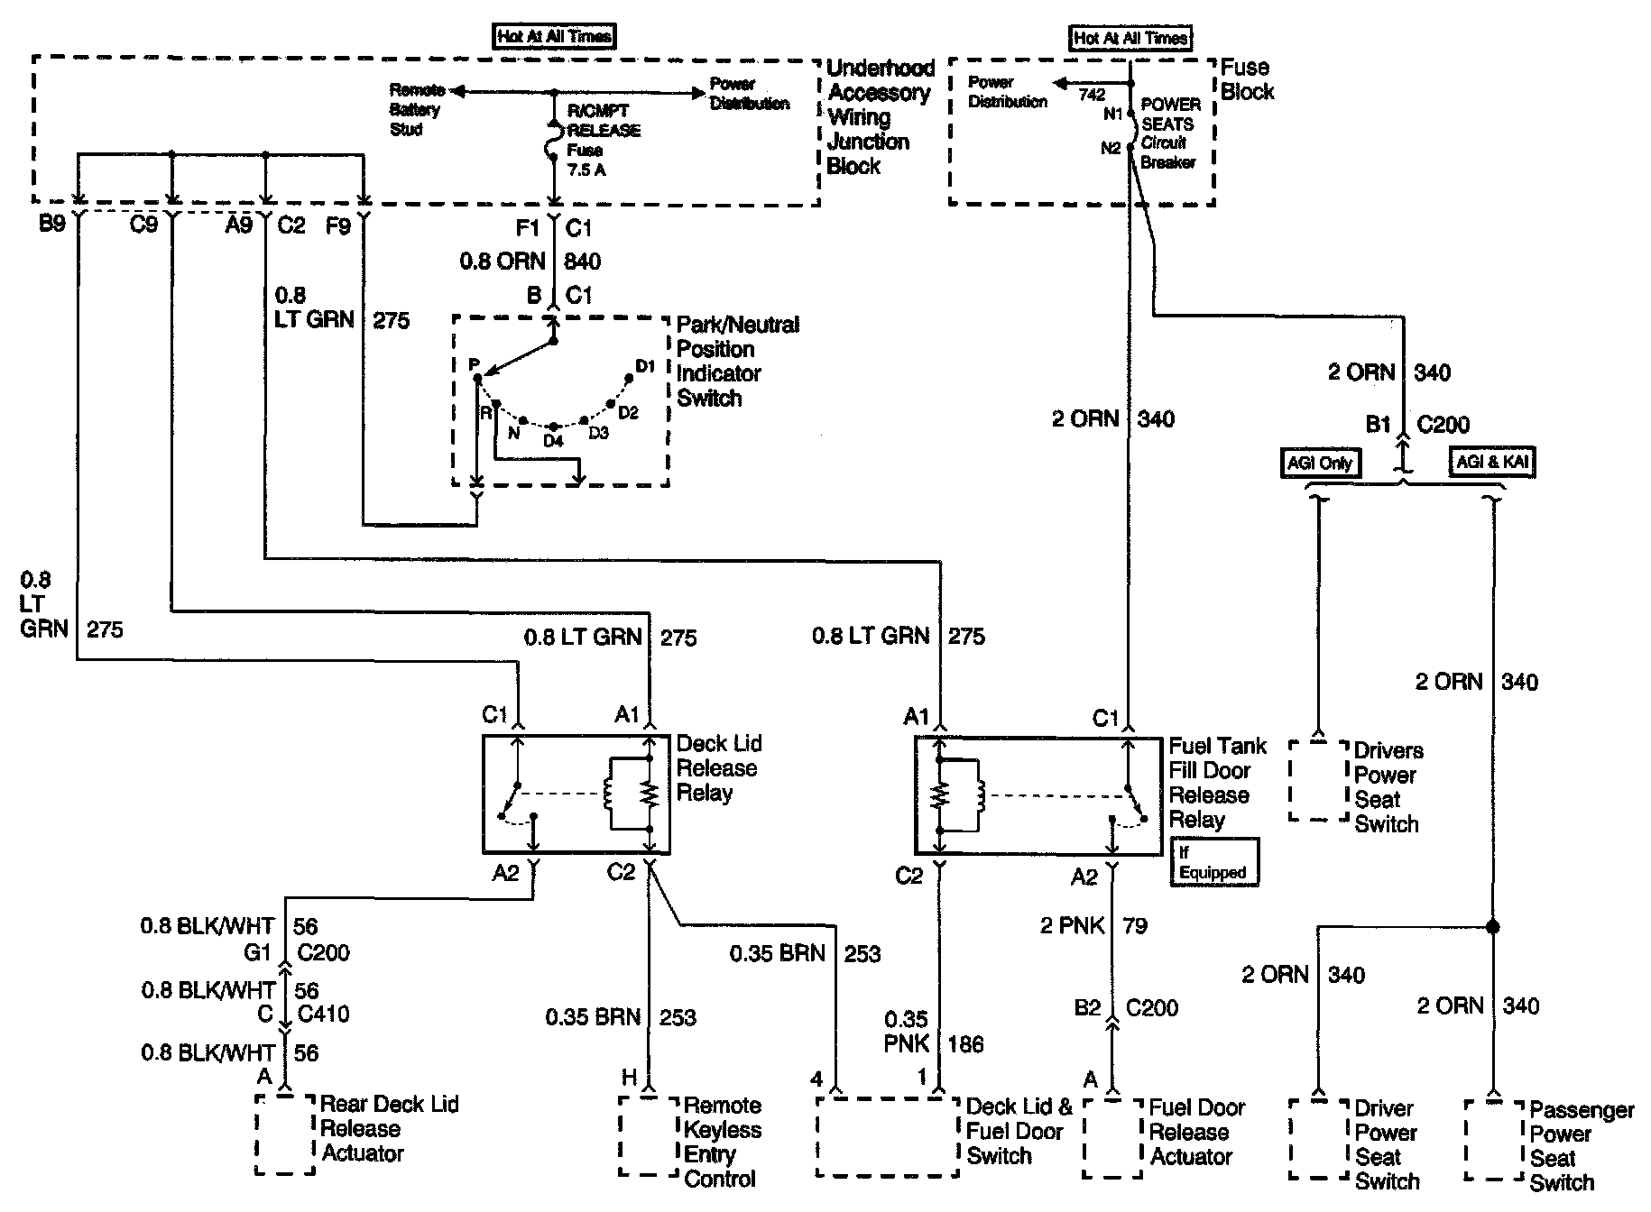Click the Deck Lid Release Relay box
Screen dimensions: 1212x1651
click(576, 794)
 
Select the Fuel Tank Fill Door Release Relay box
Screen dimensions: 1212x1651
click(1038, 795)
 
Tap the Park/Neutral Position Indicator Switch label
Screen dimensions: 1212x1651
click(737, 361)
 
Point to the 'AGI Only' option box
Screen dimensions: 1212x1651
click(1320, 463)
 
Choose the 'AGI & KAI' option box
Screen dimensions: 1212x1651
click(1492, 463)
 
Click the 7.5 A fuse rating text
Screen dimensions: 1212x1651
click(586, 170)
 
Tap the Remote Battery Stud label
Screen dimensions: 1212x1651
click(415, 109)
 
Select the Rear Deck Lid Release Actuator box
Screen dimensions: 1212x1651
click(284, 1135)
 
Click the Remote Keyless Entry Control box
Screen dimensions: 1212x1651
click(648, 1135)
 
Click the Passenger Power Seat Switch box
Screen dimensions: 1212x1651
click(1494, 1140)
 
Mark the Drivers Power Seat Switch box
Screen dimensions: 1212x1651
click(1320, 781)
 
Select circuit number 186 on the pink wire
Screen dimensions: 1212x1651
click(965, 1044)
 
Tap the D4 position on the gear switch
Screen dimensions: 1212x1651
click(553, 441)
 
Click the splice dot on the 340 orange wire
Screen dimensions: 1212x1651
click(1492, 926)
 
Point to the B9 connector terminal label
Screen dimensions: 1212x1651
click(52, 224)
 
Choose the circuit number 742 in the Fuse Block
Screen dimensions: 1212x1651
click(1092, 94)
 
